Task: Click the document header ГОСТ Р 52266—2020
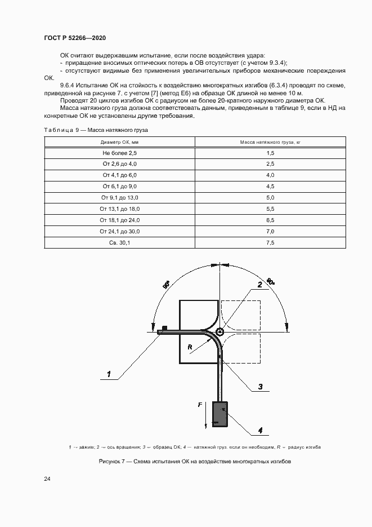[74, 38]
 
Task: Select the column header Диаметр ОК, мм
[119, 142]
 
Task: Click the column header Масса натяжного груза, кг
[270, 142]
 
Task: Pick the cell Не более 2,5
[119, 153]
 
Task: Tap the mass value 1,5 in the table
[270, 153]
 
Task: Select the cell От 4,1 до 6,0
[119, 175]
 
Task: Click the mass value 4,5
[270, 187]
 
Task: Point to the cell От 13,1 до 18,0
[119, 209]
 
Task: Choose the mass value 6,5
[270, 220]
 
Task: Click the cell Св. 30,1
[119, 243]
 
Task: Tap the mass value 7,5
[270, 243]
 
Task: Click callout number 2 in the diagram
[260, 285]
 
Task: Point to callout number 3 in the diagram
[261, 387]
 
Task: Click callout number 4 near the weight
[261, 431]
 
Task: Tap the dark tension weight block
[219, 414]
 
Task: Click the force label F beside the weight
[200, 405]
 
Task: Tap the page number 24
[47, 479]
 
